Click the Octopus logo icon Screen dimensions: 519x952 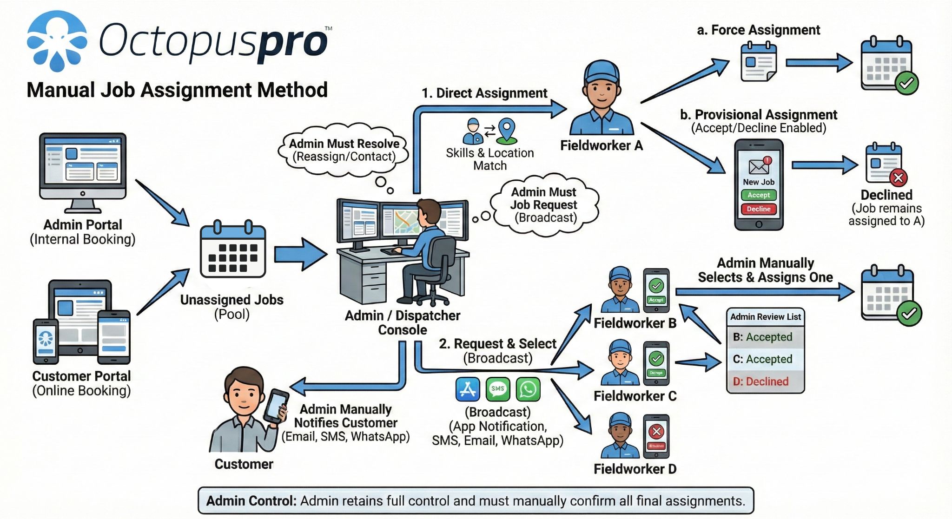[57, 41]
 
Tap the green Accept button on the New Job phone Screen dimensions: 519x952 [759, 195]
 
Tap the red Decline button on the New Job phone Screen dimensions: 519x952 [759, 209]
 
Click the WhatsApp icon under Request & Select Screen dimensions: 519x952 [528, 389]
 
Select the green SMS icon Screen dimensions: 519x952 [498, 389]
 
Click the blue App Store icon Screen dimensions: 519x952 [468, 389]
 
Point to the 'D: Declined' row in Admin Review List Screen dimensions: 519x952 [765, 381]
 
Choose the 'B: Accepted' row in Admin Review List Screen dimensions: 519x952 [765, 337]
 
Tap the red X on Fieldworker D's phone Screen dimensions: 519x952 [656, 432]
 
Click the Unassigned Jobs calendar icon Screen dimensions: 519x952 [233, 251]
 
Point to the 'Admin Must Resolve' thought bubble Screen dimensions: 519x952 [344, 150]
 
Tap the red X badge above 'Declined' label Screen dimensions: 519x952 [898, 177]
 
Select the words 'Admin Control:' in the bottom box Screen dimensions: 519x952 [251, 501]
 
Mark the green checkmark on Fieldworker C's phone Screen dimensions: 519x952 [656, 358]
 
